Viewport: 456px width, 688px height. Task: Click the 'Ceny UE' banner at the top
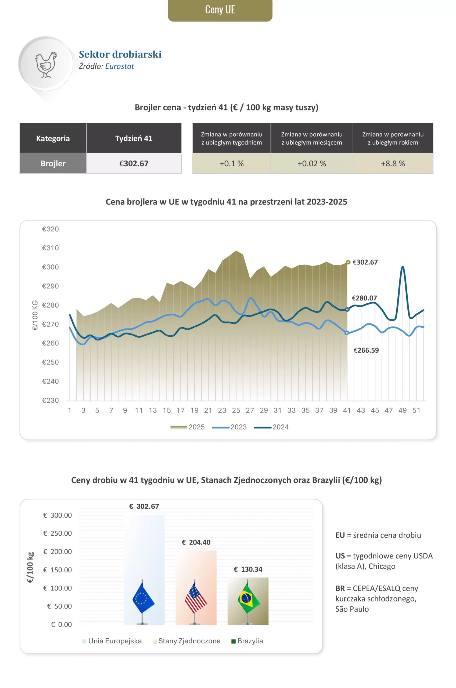220,10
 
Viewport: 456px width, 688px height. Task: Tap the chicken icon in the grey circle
46,64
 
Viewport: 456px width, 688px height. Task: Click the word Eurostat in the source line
120,66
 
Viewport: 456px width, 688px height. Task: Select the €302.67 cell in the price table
134,163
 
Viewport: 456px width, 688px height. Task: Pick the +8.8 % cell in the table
393,163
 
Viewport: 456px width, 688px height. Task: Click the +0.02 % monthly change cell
312,163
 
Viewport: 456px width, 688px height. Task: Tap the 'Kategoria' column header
53,138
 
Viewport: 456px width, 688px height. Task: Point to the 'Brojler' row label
53,163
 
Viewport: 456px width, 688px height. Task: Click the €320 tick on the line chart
50,229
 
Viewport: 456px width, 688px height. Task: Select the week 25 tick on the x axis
236,410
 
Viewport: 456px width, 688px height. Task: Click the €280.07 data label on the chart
364,298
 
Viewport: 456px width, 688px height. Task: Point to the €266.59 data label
366,350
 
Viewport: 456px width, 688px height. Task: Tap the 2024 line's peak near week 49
403,267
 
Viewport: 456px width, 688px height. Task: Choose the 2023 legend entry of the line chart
229,427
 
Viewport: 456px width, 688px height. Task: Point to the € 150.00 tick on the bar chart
58,570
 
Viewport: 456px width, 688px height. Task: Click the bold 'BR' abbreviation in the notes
340,588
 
